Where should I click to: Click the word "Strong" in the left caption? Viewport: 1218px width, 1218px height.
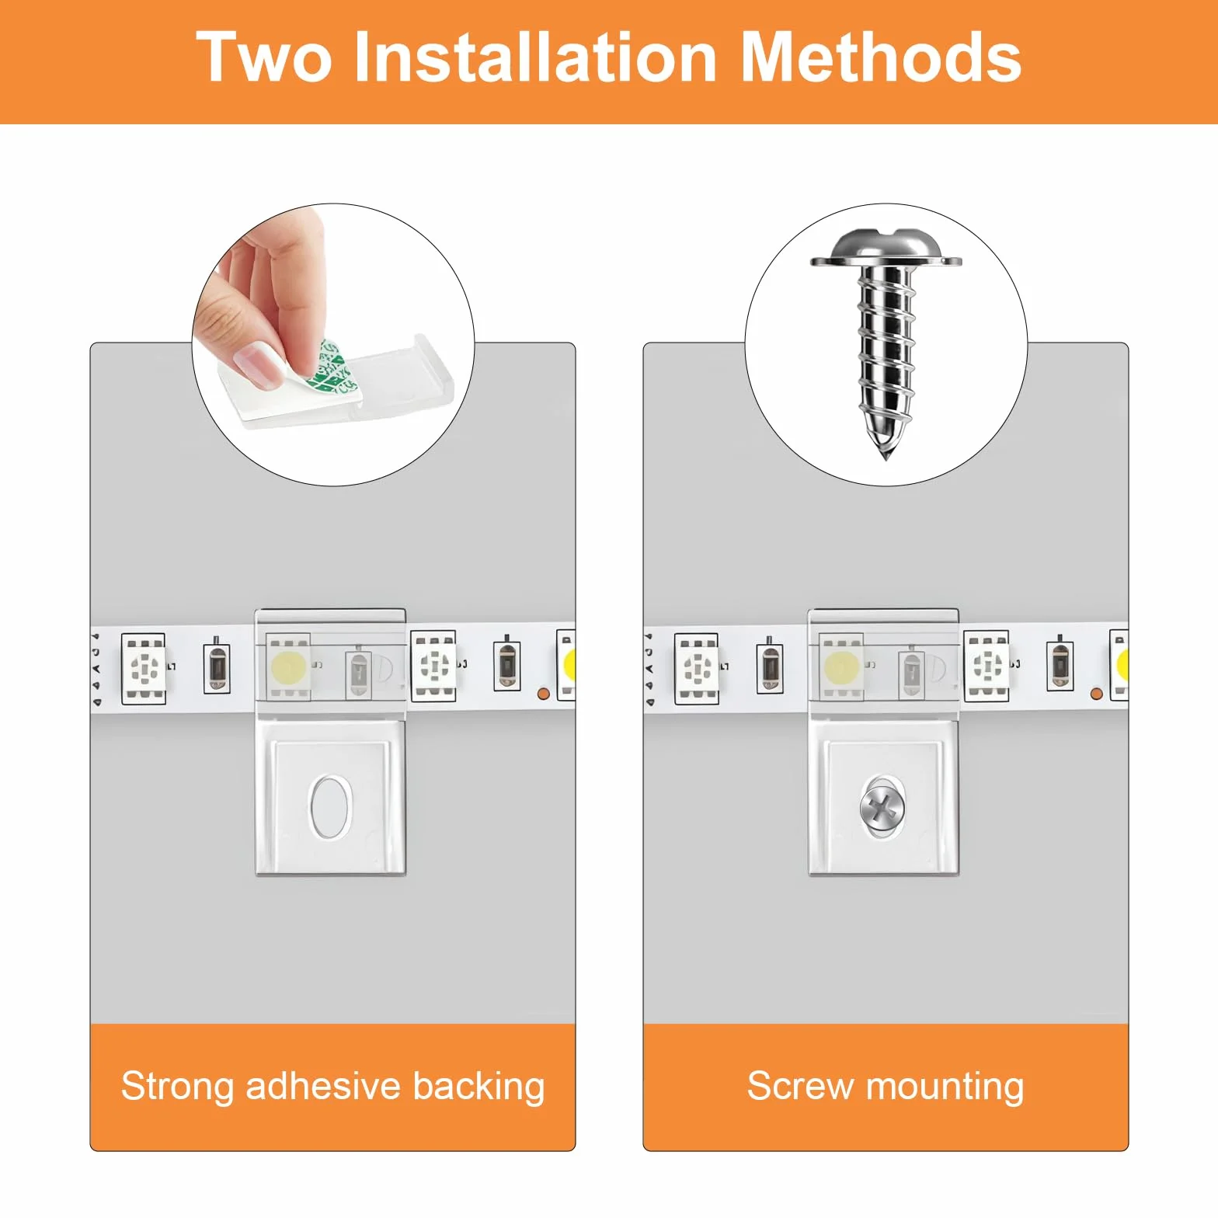pos(177,1087)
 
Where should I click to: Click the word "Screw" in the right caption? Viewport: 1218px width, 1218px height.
pos(800,1086)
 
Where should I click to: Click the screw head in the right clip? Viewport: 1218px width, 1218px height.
pos(882,808)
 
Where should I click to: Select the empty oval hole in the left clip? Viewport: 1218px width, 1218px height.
pos(331,807)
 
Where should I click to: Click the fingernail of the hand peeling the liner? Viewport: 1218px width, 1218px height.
pos(259,363)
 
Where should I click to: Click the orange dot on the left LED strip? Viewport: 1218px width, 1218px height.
pos(544,694)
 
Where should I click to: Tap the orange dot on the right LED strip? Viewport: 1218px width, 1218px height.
pos(1097,694)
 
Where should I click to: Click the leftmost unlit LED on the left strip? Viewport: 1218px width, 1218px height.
pos(144,668)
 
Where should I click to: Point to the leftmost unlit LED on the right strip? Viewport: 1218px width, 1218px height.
pos(697,668)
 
